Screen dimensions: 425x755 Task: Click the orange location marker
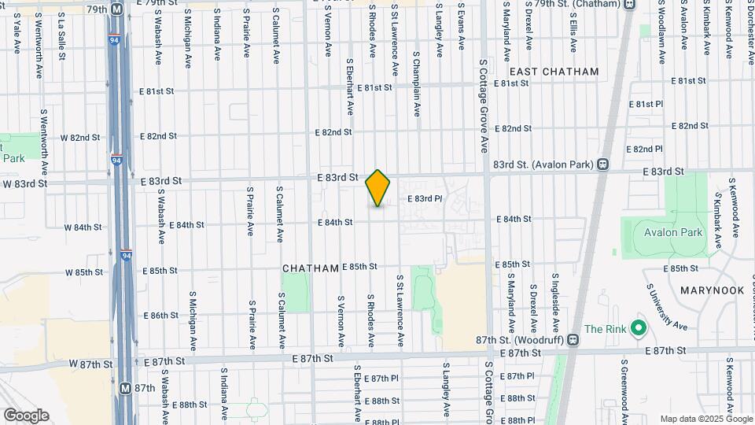378,189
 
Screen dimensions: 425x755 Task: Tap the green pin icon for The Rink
639,327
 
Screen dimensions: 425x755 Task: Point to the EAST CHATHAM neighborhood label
559,72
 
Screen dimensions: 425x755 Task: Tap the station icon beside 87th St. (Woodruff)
573,341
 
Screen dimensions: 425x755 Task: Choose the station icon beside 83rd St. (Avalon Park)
602,164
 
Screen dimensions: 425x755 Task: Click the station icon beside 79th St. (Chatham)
628,4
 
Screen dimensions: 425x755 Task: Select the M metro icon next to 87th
125,388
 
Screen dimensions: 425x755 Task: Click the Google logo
26,416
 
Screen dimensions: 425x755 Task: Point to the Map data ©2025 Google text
705,419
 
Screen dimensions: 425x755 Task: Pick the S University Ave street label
667,309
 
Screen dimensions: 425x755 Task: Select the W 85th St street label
84,272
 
